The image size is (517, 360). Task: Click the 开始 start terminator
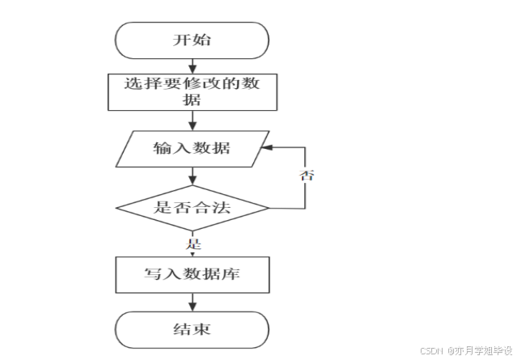coord(192,40)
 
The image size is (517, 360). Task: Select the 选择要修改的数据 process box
coord(192,91)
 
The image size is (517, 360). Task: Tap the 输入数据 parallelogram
coord(192,149)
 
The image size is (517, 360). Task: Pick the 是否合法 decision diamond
coord(192,208)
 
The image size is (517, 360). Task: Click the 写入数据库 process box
coord(192,275)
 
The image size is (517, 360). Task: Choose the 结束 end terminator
coord(192,330)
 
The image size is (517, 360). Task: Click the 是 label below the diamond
coord(193,242)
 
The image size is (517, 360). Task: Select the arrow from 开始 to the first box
coord(192,66)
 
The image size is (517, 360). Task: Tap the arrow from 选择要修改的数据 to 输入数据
coord(192,120)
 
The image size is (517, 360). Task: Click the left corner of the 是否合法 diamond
coord(117,208)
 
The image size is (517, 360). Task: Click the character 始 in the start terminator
coord(202,40)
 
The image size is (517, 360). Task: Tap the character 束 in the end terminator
coord(202,330)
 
